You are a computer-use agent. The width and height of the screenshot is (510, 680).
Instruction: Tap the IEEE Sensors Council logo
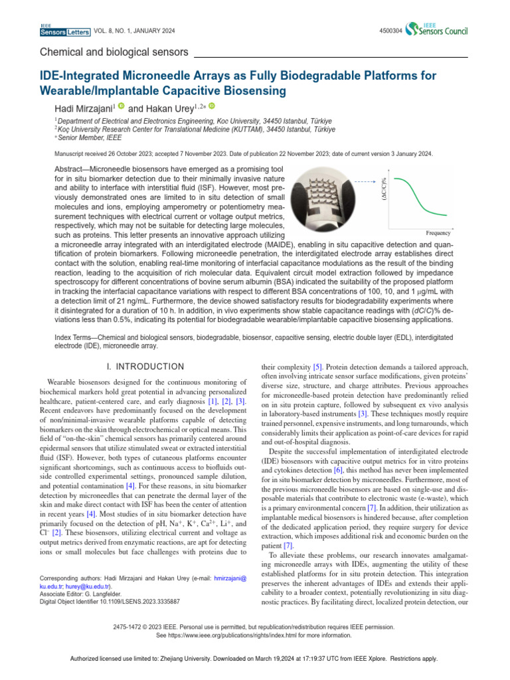point(438,29)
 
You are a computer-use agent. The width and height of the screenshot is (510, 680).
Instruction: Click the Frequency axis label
point(438,233)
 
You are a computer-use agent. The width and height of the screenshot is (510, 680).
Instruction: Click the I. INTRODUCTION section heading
point(145,367)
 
